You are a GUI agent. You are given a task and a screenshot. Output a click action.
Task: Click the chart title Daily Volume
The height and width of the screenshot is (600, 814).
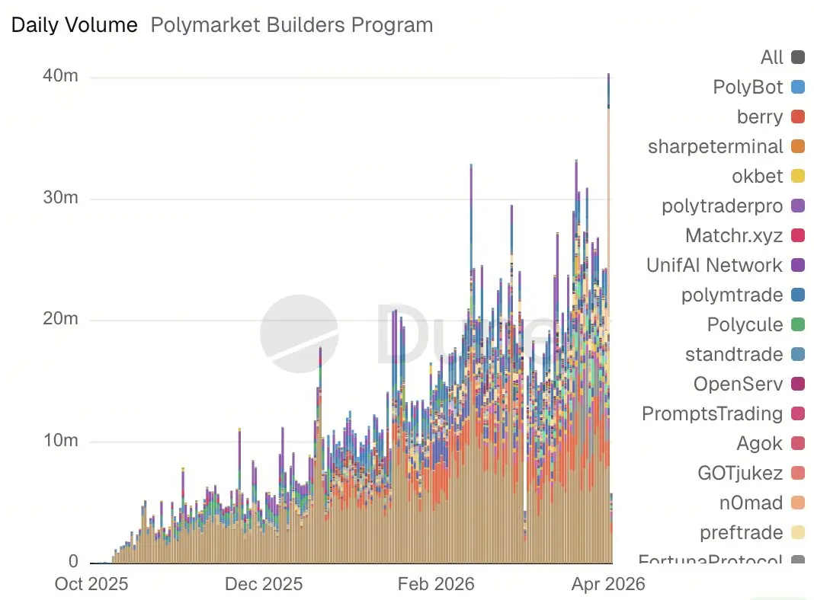pos(74,25)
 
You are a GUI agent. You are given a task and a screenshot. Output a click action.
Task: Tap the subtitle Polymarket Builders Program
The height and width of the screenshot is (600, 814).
pos(292,25)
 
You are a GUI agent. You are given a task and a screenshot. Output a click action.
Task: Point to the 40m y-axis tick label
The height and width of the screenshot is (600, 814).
pos(62,77)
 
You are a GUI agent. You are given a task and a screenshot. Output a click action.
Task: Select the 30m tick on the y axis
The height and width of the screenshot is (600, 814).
pos(62,199)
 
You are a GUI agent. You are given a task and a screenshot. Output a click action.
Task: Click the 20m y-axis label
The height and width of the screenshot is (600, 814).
pos(62,320)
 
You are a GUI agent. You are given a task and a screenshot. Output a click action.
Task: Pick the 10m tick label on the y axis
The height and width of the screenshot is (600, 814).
pos(62,441)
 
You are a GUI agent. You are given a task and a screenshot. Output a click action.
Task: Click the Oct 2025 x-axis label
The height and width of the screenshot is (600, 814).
pos(91,584)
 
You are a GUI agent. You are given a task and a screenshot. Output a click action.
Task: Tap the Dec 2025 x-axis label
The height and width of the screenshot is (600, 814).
pos(264,584)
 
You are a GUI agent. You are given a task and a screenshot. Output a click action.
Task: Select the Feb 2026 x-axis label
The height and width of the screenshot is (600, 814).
pos(436,584)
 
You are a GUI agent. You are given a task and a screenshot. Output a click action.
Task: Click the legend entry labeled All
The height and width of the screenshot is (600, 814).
pos(771,57)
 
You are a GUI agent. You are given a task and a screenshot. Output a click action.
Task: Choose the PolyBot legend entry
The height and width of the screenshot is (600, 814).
pos(748,87)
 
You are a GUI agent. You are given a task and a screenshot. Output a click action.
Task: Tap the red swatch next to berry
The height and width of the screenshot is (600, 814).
pos(798,116)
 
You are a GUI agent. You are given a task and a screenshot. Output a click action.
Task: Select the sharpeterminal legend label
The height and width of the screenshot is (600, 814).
pos(715,146)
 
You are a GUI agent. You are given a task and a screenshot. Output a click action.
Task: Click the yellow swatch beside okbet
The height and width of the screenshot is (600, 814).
pos(798,176)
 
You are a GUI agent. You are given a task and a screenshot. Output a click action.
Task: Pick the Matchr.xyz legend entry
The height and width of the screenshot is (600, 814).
pos(734,235)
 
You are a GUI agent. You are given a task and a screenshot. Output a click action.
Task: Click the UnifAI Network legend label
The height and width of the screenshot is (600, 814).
pos(714,265)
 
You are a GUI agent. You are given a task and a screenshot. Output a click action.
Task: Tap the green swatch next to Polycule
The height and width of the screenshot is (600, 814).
pos(798,324)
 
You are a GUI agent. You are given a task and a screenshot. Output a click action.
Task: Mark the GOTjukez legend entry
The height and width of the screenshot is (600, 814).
pos(740,473)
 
